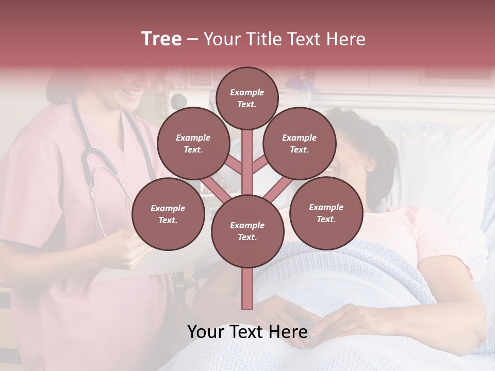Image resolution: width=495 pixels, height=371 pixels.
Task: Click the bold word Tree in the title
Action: point(161,39)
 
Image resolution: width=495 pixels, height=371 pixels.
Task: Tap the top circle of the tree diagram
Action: point(247,98)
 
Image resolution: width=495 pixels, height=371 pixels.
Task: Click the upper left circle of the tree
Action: point(193,143)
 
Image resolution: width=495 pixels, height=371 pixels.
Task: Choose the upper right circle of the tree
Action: point(299,143)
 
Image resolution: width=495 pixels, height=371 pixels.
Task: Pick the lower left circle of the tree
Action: point(168,214)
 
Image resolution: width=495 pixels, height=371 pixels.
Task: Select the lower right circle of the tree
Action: point(326,213)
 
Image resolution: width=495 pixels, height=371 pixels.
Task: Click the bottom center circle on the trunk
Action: point(247,231)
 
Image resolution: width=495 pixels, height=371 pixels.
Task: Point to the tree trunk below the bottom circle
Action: point(247,289)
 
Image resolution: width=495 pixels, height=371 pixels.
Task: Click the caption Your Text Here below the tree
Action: point(247,331)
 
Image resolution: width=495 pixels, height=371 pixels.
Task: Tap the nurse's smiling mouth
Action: point(133,93)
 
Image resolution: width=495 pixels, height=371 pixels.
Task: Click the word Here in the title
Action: point(345,39)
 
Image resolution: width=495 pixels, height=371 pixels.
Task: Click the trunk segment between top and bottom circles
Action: point(247,160)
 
